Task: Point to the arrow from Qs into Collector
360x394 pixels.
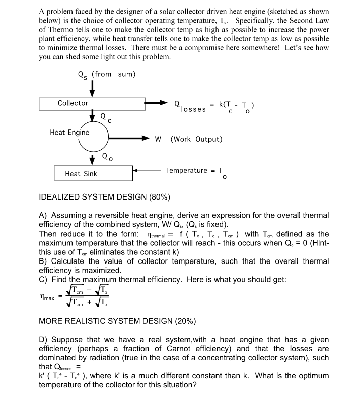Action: tap(92, 89)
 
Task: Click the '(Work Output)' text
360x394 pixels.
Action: tap(196, 138)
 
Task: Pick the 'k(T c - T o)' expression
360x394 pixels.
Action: tap(239, 105)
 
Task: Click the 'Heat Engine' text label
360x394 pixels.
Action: tap(69, 133)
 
